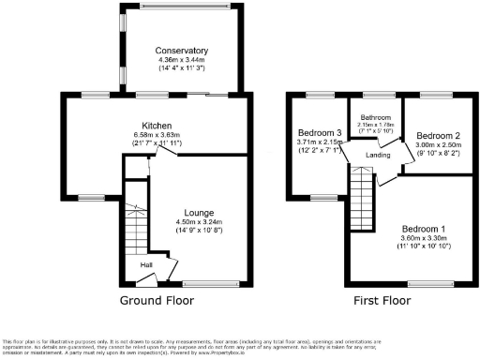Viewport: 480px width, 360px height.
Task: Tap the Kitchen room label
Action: point(155,126)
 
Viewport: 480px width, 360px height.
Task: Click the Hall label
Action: point(147,265)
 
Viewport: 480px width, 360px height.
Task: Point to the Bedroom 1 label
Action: point(425,229)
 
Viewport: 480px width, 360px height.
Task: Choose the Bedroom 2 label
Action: point(439,136)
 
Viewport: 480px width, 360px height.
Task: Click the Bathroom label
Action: point(376,117)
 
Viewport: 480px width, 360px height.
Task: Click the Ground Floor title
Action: point(157,301)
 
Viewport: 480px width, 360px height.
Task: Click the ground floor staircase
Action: point(137,227)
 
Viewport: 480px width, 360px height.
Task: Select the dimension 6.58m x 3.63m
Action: point(155,136)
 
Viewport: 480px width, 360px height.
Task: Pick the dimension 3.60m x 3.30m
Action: point(425,239)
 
